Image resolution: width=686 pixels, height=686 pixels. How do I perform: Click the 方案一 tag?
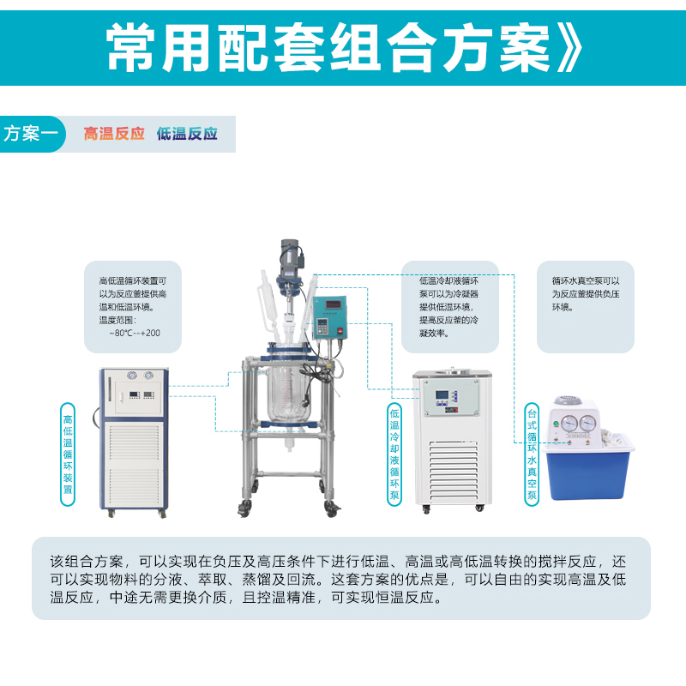point(32,134)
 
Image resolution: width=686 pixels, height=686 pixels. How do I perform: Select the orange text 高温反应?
point(114,134)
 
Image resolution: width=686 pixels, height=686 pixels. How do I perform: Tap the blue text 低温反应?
point(187,134)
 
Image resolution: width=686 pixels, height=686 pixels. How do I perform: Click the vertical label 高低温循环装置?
point(68,454)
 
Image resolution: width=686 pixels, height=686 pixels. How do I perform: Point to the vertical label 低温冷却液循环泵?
point(394,454)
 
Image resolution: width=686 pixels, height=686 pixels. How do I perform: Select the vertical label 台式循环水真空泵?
point(532,454)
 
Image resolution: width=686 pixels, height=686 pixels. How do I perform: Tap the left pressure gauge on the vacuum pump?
point(569,423)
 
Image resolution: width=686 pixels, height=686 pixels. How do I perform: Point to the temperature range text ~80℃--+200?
point(135,333)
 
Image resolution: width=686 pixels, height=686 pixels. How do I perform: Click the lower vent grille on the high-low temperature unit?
point(135,486)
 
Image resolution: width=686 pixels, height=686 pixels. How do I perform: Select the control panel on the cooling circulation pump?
point(452,397)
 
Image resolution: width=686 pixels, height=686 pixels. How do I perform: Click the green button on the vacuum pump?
point(556,424)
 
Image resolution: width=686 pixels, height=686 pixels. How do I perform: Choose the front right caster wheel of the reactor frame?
point(332,508)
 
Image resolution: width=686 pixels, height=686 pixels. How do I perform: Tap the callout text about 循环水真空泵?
point(586,293)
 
